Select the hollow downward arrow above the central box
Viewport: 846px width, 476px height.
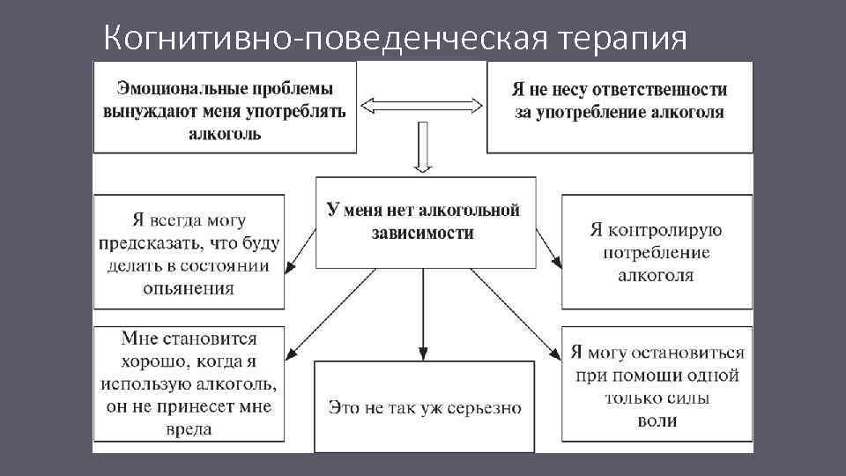(x=423, y=148)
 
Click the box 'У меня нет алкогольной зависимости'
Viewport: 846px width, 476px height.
(x=424, y=222)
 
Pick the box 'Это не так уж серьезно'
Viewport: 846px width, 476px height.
(x=424, y=407)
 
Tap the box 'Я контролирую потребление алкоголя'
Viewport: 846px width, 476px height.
(x=657, y=252)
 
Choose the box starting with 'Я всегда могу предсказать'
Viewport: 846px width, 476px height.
(x=189, y=252)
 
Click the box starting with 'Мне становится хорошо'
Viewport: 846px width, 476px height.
(x=189, y=383)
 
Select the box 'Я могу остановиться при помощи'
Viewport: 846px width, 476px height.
(x=657, y=383)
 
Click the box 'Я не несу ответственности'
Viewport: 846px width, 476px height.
(x=620, y=101)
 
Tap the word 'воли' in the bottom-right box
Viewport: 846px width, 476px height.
(x=657, y=420)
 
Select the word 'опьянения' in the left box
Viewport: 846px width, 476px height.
(x=190, y=288)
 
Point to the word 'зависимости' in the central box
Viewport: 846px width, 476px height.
(x=423, y=234)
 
